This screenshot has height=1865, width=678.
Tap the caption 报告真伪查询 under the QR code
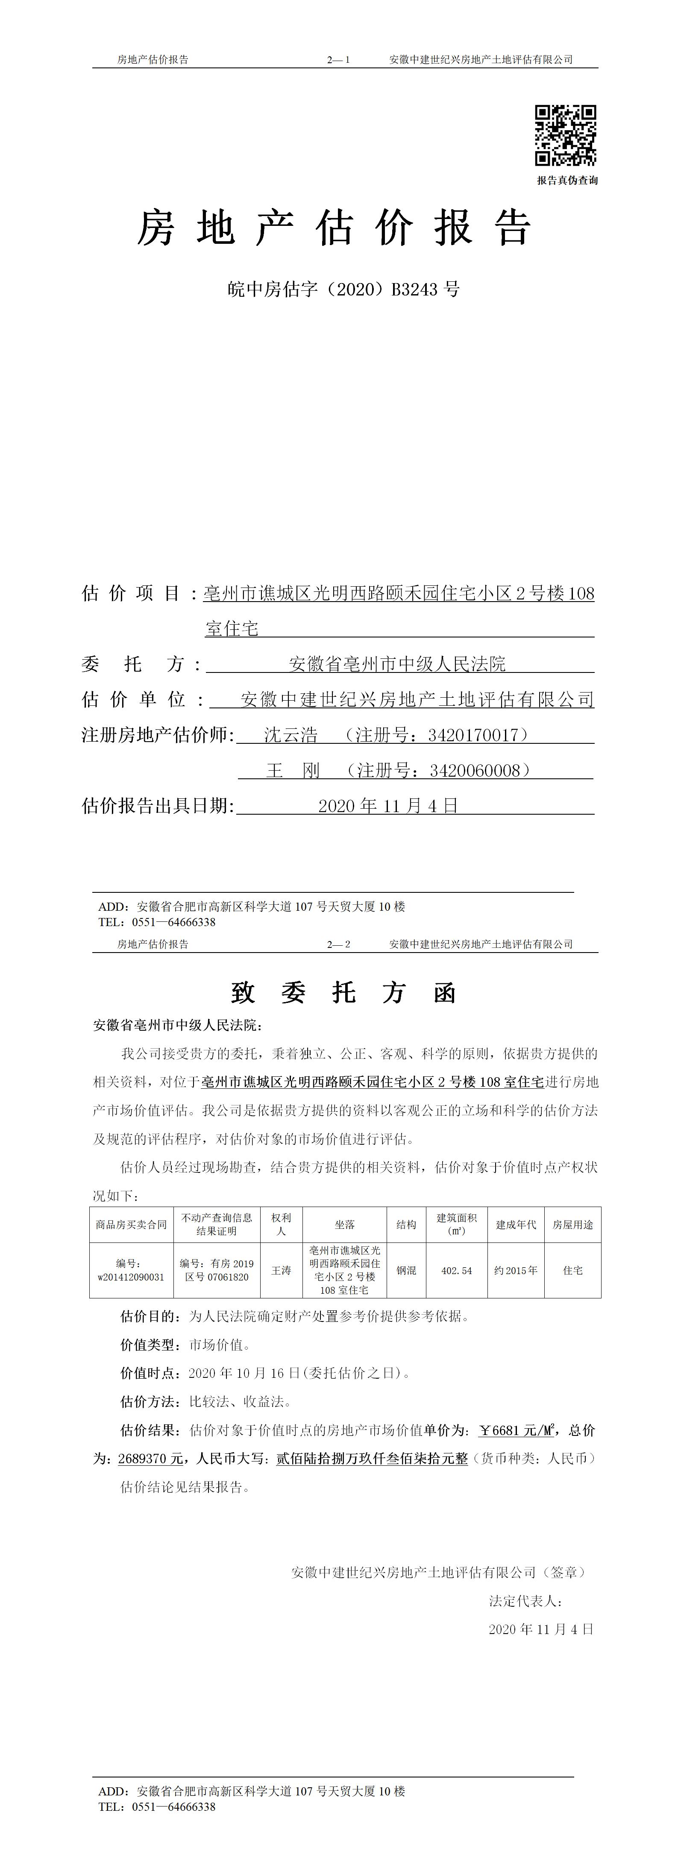[567, 180]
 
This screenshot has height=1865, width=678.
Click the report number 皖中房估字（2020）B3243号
[343, 289]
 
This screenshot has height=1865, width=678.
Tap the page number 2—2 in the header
[338, 944]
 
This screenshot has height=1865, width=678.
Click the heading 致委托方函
[343, 993]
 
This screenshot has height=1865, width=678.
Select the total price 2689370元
[151, 1459]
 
